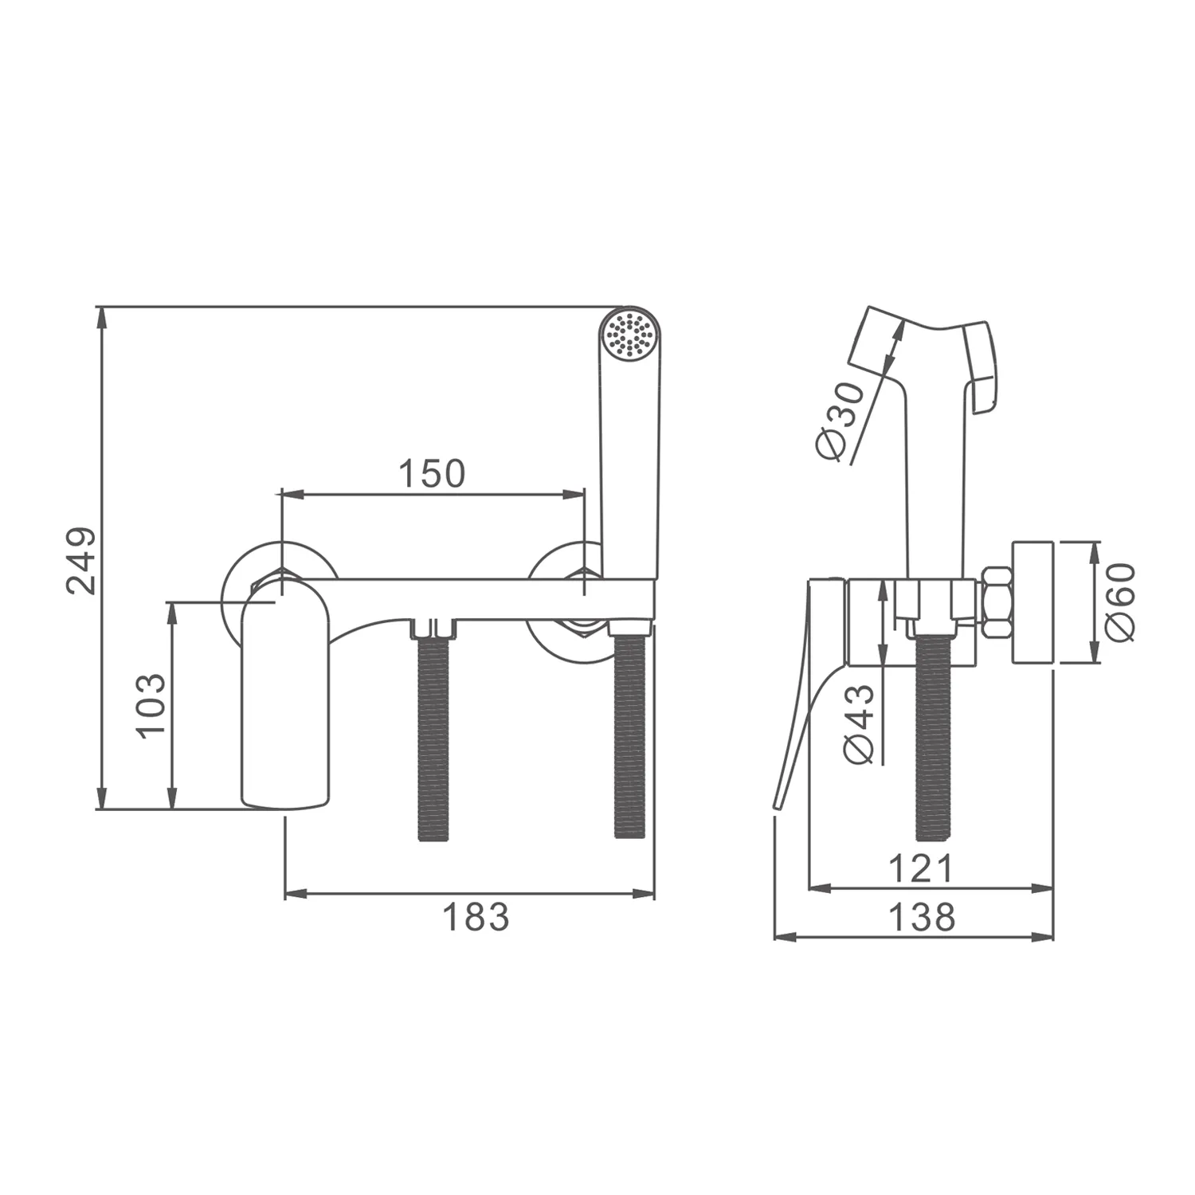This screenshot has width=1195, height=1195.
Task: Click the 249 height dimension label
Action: click(81, 560)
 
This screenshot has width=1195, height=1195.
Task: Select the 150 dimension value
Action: click(431, 474)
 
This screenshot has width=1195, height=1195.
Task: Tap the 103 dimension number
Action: click(151, 706)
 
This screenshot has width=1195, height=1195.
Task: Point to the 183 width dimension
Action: click(476, 917)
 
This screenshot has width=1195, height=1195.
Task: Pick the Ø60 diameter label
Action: click(1119, 602)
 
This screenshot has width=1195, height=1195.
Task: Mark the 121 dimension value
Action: click(921, 868)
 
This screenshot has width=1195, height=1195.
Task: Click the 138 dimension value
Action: click(921, 917)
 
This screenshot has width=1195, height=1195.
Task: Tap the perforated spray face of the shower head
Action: click(628, 333)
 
